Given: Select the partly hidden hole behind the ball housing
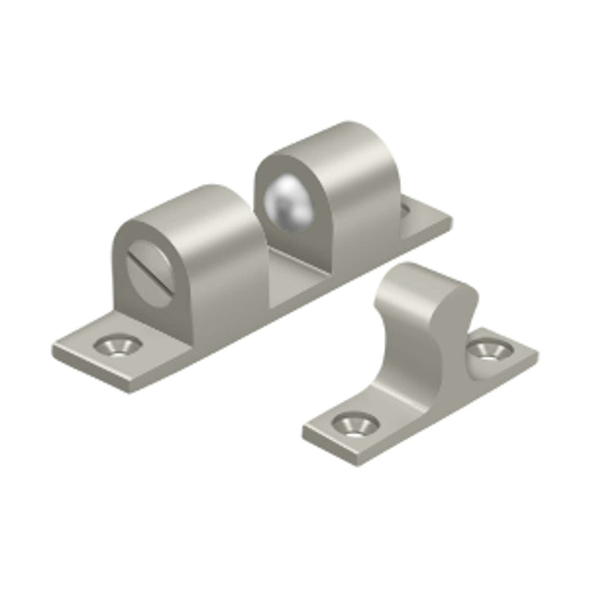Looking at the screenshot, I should pyautogui.click(x=406, y=209).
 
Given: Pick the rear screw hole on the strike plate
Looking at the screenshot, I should pyautogui.click(x=489, y=350).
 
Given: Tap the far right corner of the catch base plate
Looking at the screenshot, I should pyautogui.click(x=452, y=218).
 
